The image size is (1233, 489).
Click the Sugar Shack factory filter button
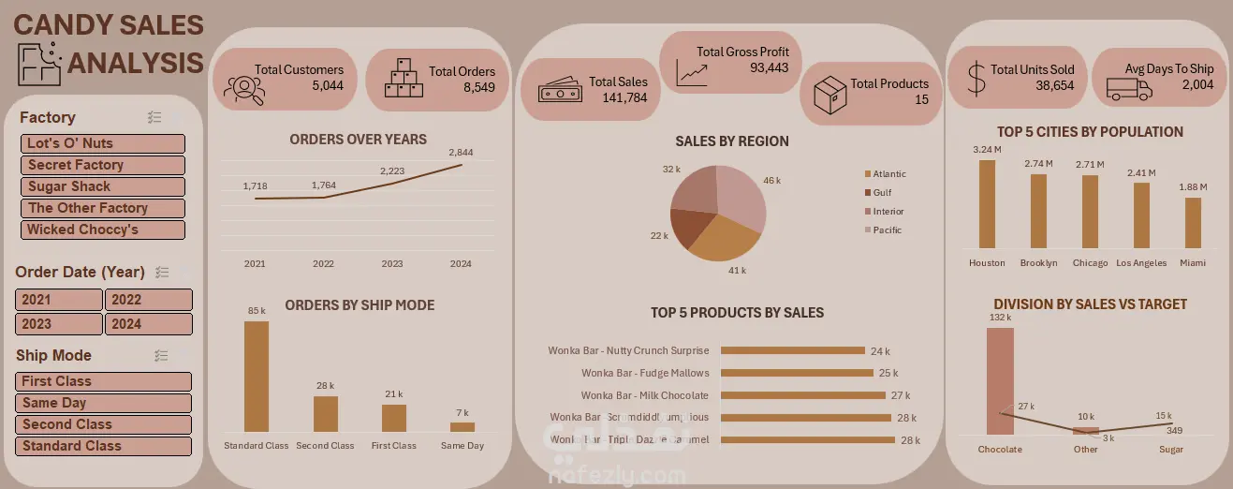(103, 186)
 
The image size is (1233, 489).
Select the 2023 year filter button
(59, 324)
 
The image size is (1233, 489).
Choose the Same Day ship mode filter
(103, 403)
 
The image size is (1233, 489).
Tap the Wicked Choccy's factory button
(103, 230)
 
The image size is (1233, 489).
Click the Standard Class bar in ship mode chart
(257, 376)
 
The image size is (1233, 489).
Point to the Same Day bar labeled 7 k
(462, 426)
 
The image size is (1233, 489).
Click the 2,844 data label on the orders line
(461, 153)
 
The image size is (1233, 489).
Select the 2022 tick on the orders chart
(323, 264)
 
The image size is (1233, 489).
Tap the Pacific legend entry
(887, 230)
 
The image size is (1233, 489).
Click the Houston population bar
(987, 203)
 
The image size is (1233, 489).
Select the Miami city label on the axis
(1193, 263)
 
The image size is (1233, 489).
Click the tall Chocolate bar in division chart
(1000, 380)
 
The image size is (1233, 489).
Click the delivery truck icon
(1129, 88)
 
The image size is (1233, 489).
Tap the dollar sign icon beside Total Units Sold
(976, 80)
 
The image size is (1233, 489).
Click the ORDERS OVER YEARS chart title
(358, 140)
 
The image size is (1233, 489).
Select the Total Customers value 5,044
(328, 85)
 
